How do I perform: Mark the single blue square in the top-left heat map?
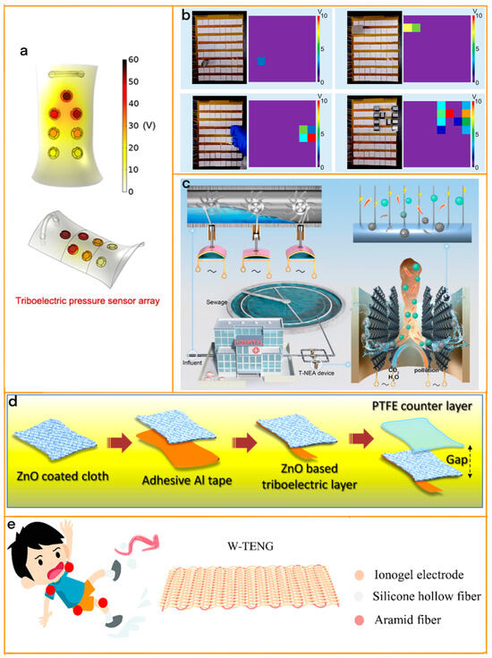(261, 61)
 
